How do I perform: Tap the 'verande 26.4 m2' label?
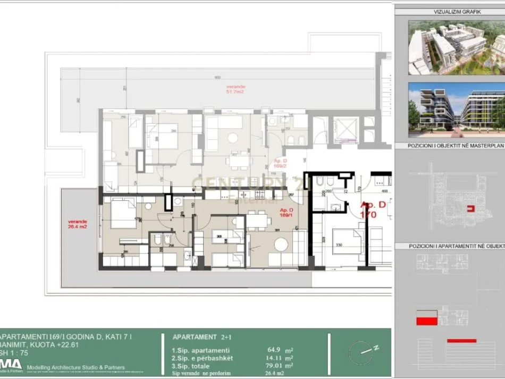[x=74, y=225]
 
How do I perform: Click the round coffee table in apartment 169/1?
[x=281, y=245]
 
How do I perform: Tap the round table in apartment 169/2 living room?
[x=232, y=137]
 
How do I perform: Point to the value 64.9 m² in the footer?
[x=274, y=350]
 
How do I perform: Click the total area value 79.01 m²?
[x=274, y=366]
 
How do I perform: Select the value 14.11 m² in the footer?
[x=274, y=358]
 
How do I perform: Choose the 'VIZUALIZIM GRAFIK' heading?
[x=450, y=11]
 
